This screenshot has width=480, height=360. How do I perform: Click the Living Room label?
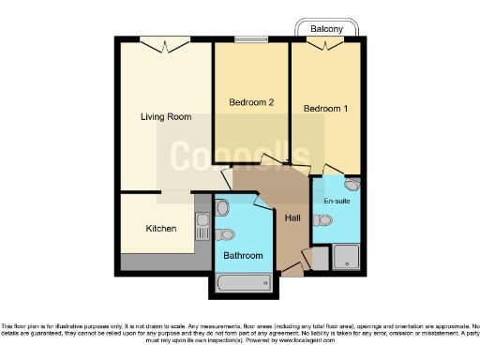(x=165, y=117)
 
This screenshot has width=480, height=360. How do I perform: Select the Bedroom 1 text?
(x=325, y=109)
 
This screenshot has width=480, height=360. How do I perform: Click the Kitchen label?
(x=160, y=228)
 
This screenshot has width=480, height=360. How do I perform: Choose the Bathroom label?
(x=243, y=255)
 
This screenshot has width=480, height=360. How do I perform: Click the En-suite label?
(x=337, y=202)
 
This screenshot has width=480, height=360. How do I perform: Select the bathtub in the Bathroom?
(x=243, y=280)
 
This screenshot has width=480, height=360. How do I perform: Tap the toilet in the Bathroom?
(x=225, y=234)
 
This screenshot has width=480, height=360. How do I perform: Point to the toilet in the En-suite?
(x=324, y=220)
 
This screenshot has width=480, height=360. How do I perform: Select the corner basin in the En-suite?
(x=351, y=185)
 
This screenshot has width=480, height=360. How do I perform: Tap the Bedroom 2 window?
(x=250, y=40)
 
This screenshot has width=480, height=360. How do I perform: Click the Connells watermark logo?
(x=240, y=156)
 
